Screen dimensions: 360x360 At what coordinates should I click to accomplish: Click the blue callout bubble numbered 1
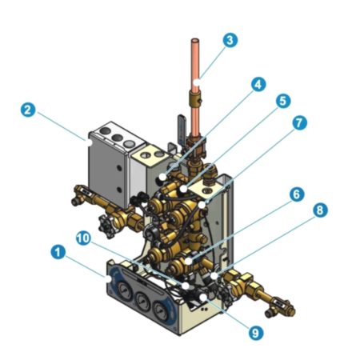tap(58, 252)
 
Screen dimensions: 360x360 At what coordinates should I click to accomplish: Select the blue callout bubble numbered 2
tap(28, 110)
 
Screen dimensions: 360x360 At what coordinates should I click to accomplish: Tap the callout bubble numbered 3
tap(230, 40)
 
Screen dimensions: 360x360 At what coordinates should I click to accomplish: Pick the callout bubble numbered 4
tap(258, 85)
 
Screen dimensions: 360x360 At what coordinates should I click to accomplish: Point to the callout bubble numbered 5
tap(283, 101)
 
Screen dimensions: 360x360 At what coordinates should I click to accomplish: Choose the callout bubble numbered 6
tap(297, 194)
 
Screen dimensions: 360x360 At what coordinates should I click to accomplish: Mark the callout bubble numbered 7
tap(299, 123)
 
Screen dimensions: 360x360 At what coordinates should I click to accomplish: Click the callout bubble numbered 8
tap(320, 210)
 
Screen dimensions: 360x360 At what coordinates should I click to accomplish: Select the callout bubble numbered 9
tap(256, 333)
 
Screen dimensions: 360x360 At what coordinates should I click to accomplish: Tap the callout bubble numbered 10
tap(83, 238)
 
